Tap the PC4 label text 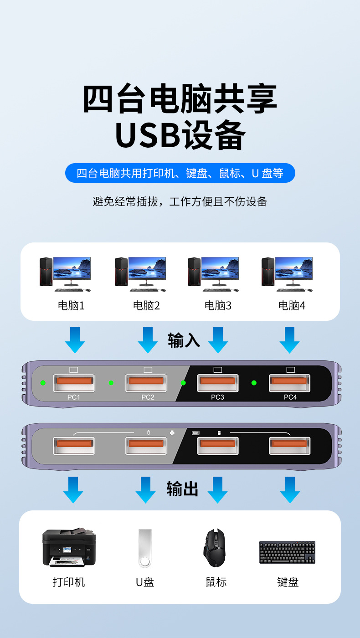coord(290,397)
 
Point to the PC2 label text coord(148,397)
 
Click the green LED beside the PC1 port coord(43,383)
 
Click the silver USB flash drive coord(145,548)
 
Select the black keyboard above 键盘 coord(287,552)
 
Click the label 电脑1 coord(71,305)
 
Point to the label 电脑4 coord(292,305)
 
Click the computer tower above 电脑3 coord(194,272)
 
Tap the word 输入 coord(184,340)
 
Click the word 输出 coord(182,489)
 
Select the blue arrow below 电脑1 coord(75,340)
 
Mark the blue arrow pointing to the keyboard coord(290,490)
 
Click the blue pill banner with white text coord(180,173)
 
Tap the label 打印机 coord(69,582)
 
